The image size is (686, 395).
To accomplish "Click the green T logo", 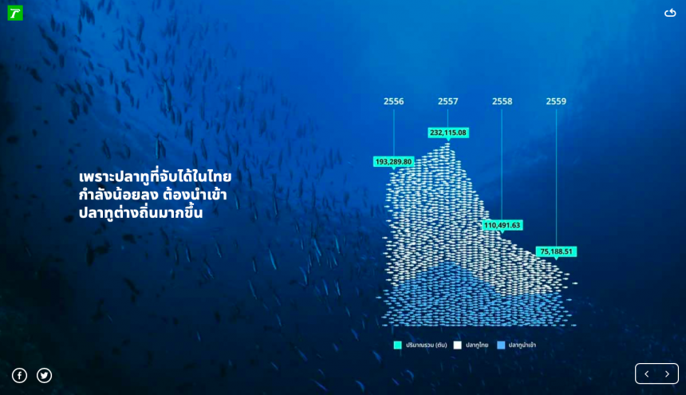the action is [x=15, y=13].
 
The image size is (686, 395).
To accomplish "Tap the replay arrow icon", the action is [x=670, y=13].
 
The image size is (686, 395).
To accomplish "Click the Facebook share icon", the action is [x=19, y=375].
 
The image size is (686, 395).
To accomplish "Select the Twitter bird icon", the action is [x=44, y=375].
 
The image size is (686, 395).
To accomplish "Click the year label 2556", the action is [x=394, y=101].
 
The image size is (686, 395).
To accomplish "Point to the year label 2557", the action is [x=448, y=101].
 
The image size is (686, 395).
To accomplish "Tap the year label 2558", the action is [x=502, y=101].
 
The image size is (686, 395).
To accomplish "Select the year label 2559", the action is [x=556, y=101].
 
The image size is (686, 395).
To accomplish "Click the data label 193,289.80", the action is [x=394, y=162].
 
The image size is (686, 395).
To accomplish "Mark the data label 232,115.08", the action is [x=448, y=132].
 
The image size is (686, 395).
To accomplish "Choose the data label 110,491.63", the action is [x=503, y=225].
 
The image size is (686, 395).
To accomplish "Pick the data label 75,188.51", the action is [x=556, y=251].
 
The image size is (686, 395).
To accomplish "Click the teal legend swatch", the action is [x=398, y=346].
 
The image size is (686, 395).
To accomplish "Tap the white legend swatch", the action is [x=457, y=346].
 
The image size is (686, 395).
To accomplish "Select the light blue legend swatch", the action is [x=501, y=346].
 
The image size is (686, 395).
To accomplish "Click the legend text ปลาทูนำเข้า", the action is [x=522, y=346].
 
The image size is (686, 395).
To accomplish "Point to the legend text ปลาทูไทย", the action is [x=477, y=346].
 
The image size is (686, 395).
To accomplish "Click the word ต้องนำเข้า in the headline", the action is [x=195, y=195].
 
